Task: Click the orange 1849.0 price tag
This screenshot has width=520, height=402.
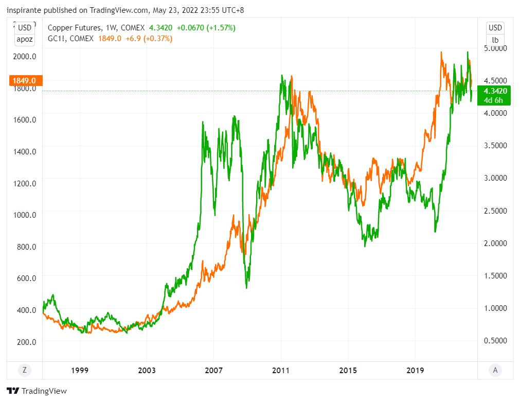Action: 25,81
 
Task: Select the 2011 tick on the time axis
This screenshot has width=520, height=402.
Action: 281,370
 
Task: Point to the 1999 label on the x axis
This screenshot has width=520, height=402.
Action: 80,370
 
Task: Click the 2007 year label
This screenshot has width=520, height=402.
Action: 213,370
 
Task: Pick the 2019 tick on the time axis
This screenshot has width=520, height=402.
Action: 415,370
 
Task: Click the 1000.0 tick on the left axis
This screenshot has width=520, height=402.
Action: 25,215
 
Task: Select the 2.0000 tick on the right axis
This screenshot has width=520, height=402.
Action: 494,243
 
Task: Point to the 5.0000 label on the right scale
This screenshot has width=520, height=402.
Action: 494,48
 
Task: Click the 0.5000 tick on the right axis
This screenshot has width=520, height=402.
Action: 494,341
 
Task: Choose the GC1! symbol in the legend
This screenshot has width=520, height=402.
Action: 56,38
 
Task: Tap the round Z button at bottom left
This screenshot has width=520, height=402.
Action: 24,370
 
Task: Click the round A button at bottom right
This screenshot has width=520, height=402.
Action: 495,370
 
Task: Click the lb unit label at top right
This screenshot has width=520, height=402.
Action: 495,39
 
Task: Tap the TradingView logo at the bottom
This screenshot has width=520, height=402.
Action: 37,391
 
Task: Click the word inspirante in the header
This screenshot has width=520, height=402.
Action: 24,9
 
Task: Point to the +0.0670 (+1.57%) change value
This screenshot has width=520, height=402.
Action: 206,28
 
